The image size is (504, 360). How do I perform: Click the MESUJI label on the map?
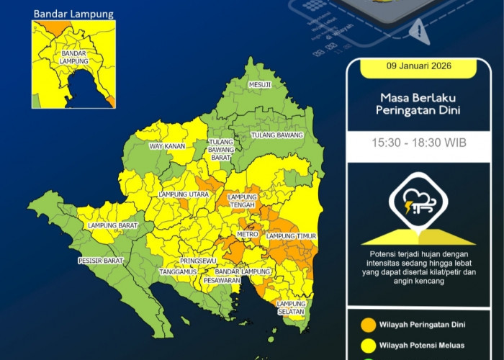pyautogui.click(x=260, y=85)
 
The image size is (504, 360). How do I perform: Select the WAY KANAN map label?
pyautogui.click(x=167, y=146)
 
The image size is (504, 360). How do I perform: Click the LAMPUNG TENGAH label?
pyautogui.click(x=242, y=201)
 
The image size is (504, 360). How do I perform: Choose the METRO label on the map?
pyautogui.click(x=248, y=235)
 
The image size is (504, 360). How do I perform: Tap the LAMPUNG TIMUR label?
pyautogui.click(x=292, y=236)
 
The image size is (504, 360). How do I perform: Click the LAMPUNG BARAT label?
pyautogui.click(x=112, y=226)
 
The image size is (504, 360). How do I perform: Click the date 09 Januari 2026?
pyautogui.click(x=423, y=68)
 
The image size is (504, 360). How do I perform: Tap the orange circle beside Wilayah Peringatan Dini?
pyautogui.click(x=367, y=323)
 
